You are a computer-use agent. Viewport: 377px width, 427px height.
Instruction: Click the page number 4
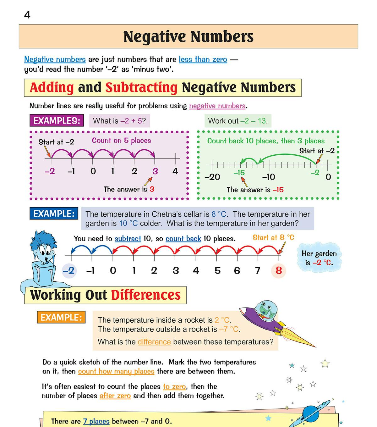[x=27, y=15]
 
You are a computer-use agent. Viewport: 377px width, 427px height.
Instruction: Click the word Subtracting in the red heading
[x=141, y=87]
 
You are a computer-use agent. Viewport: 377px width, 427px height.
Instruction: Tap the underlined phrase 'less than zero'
[x=203, y=59]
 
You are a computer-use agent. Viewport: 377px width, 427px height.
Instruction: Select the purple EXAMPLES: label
[x=57, y=120]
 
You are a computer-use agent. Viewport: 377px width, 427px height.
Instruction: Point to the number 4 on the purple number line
[x=175, y=171]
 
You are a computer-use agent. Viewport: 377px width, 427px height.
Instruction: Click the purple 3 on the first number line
[x=155, y=171]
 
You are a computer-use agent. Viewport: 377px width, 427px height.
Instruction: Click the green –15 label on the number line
[x=239, y=173]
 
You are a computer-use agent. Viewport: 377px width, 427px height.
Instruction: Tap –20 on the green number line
[x=212, y=177]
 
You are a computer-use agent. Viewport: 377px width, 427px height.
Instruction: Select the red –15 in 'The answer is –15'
[x=278, y=190]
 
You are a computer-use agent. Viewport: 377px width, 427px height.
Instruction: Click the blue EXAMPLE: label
[x=54, y=213]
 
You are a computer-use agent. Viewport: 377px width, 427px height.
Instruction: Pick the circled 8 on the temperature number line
[x=279, y=270]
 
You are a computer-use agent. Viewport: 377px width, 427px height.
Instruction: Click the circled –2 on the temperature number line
[x=69, y=270]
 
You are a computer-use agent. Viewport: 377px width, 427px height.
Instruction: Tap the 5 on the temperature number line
[x=217, y=270]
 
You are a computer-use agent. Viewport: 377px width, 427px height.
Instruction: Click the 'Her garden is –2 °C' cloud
[x=319, y=258]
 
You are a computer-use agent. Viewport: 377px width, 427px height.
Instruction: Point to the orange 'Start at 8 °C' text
[x=273, y=237]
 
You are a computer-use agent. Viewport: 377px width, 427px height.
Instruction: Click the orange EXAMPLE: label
[x=61, y=317]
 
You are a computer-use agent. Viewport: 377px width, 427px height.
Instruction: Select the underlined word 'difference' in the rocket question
[x=154, y=342]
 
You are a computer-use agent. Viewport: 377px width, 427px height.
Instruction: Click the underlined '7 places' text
[x=96, y=421]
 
